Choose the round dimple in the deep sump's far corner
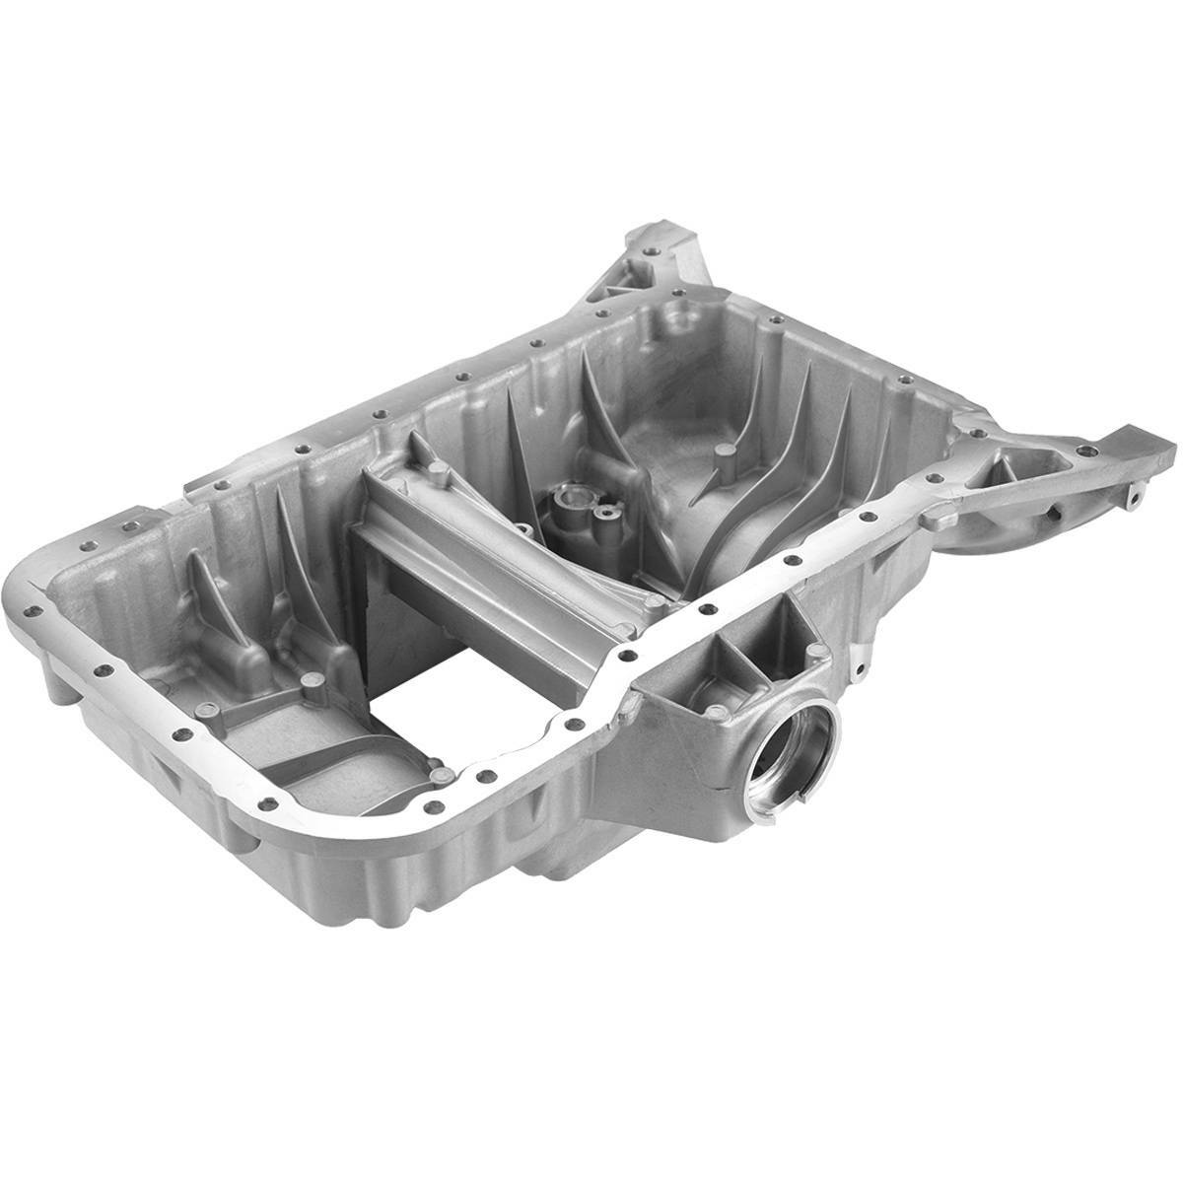coord(676,318)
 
